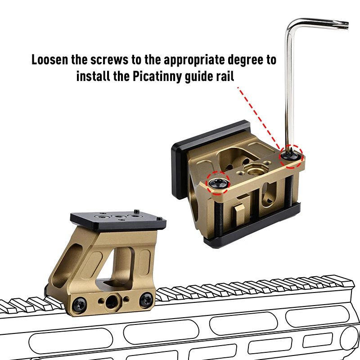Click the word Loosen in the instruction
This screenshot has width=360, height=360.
(x=50, y=60)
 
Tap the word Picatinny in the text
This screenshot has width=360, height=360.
(x=157, y=76)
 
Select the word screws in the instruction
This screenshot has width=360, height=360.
(x=109, y=60)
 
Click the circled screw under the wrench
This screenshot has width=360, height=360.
(x=291, y=157)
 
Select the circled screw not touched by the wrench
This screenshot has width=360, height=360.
(x=218, y=183)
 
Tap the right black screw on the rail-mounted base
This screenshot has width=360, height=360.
(x=146, y=299)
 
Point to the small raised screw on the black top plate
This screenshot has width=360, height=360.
(x=136, y=211)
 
